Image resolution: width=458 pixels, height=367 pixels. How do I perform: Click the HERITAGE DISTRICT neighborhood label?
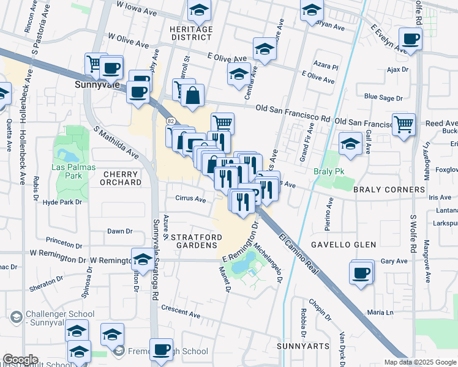(191, 33)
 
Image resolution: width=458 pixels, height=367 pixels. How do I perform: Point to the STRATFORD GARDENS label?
(193, 240)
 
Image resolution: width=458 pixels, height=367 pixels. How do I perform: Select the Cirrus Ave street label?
(190, 198)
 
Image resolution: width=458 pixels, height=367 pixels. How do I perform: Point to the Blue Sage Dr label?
(383, 97)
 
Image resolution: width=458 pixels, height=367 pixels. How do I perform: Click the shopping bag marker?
(192, 96)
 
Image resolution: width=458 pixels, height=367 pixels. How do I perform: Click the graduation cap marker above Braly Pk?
(350, 144)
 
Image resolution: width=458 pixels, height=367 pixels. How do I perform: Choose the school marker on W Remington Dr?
(143, 259)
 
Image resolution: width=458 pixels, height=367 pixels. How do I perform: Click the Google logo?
(20, 360)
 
